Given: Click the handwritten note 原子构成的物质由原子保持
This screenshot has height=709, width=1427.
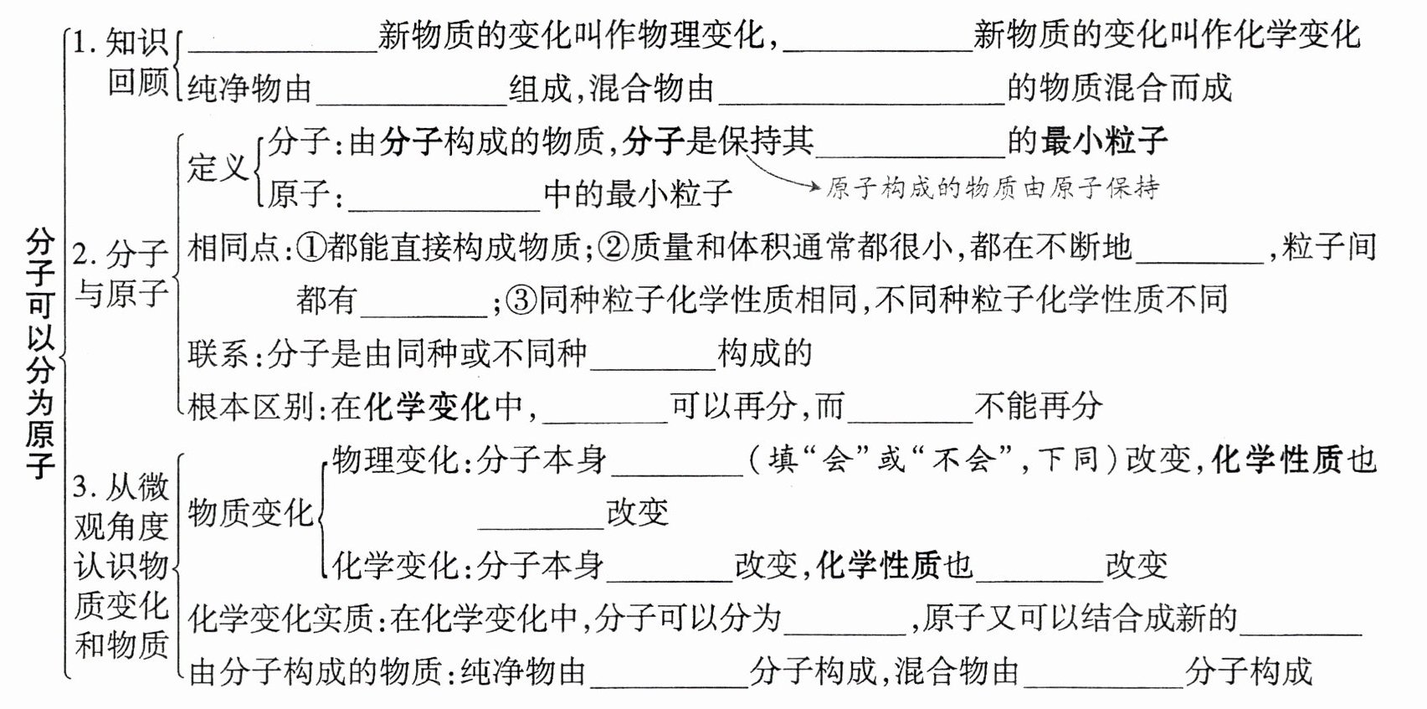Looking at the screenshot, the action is [993, 188].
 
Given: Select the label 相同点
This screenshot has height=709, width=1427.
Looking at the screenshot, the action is [234, 247].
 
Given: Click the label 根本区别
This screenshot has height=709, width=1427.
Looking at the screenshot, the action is [250, 407].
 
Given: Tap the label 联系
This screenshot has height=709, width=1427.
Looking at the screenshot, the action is [217, 353].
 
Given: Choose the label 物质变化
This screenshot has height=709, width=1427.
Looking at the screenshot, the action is [250, 512].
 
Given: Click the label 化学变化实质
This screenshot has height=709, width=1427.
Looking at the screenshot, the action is [281, 619].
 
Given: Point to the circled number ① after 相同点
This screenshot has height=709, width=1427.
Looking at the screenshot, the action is [311, 247].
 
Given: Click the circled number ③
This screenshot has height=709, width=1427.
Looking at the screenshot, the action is [521, 300].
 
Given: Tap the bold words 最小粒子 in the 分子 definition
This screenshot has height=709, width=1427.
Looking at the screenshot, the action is [1104, 141].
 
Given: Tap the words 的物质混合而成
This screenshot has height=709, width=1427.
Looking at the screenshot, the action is [1119, 88].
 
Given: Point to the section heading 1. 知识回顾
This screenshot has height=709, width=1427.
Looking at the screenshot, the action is [122, 63].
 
